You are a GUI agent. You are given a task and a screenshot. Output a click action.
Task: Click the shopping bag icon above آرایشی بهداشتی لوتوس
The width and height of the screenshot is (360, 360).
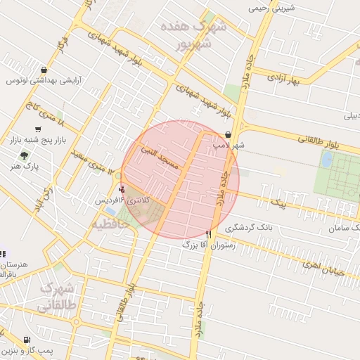[x=44, y=70]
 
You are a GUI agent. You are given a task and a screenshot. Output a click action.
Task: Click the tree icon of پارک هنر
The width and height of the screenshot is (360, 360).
[x=25, y=156]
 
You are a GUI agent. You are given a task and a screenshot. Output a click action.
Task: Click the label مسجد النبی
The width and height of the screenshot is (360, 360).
[x=161, y=156]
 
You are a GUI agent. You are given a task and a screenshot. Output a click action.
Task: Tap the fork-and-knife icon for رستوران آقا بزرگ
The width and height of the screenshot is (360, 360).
[x=208, y=233]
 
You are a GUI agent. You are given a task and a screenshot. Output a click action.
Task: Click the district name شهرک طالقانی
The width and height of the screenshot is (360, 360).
[x=56, y=297]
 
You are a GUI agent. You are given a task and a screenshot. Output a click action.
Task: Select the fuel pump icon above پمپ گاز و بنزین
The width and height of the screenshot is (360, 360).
[x=27, y=340]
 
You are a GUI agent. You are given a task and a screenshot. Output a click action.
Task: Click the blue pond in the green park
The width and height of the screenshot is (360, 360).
[x=326, y=160]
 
